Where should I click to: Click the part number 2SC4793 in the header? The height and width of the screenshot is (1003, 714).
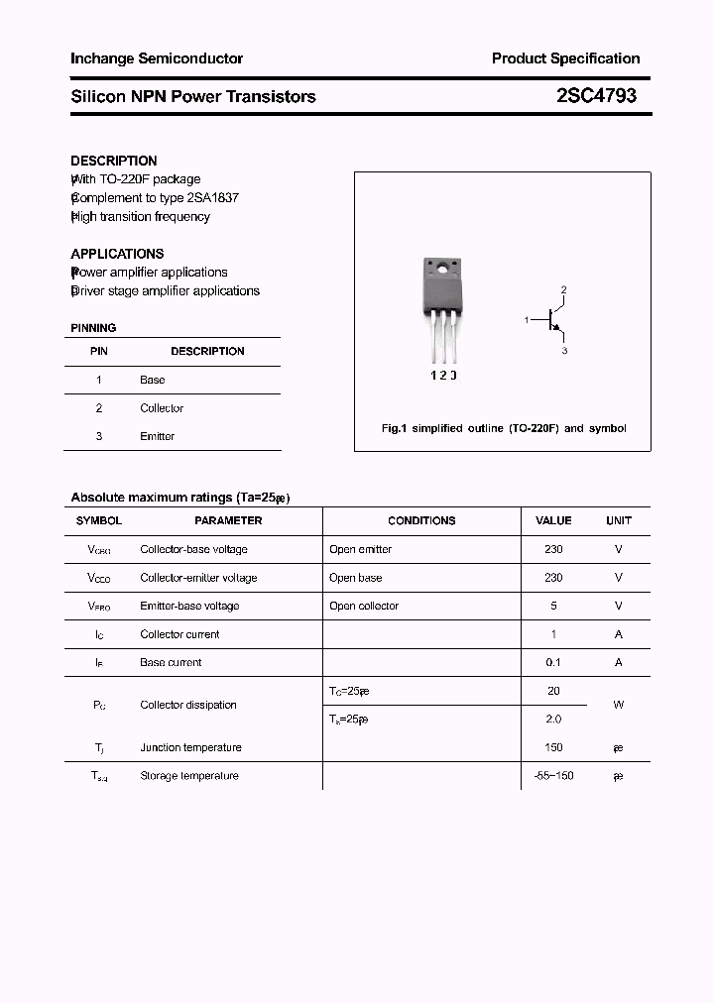pos(596,96)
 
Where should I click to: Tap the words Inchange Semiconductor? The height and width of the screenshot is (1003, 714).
pos(157,58)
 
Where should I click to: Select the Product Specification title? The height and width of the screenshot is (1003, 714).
pos(565,58)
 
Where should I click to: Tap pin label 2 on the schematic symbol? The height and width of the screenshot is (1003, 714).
pos(563,289)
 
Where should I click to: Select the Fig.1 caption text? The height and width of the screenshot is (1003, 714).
pos(504,428)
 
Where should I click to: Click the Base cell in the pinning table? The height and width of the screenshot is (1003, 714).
pos(153,380)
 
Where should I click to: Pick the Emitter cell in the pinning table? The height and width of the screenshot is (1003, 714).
pos(158,436)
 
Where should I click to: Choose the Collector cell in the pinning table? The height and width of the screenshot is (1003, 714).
pos(162,407)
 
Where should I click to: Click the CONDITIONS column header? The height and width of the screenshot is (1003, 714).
pos(421,520)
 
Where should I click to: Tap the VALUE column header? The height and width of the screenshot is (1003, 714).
pos(553,520)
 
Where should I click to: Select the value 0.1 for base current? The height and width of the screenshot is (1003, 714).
pos(553,662)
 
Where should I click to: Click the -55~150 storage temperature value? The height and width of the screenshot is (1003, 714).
pos(553,775)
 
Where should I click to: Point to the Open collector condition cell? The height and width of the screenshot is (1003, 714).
pos(364,606)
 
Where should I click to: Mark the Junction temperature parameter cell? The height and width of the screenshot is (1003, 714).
pos(190,747)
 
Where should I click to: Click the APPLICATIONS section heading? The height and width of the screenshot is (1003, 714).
pos(117,253)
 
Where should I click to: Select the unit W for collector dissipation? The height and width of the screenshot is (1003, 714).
pos(618,705)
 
